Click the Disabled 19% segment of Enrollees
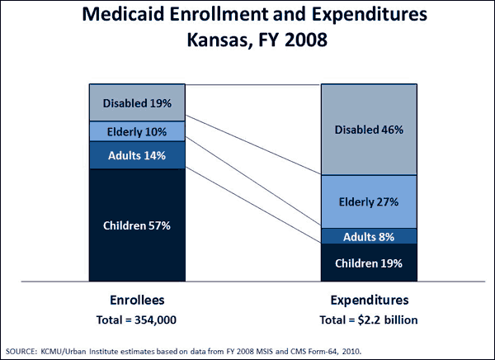click(137, 103)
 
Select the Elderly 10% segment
click(137, 131)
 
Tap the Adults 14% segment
click(137, 154)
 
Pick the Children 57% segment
click(137, 225)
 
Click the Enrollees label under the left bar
click(137, 300)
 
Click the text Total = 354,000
click(137, 318)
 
